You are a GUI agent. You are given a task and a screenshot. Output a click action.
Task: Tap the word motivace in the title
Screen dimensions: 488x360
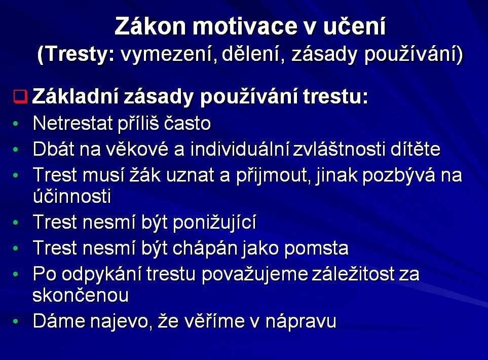(x=245, y=26)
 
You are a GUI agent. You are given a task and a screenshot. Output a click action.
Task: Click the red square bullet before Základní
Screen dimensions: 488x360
(x=21, y=96)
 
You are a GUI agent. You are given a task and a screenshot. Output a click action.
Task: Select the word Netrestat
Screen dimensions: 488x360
(x=72, y=123)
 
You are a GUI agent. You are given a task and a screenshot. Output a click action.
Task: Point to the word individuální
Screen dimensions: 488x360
(x=239, y=149)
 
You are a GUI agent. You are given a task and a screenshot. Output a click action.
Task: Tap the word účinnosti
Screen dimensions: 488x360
(x=72, y=196)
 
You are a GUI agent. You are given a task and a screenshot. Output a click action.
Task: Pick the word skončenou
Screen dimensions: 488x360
(x=81, y=295)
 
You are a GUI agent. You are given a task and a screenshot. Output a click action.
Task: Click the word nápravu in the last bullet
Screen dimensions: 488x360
(x=301, y=321)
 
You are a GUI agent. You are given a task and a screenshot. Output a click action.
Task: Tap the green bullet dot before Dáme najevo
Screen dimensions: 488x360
(x=16, y=321)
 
